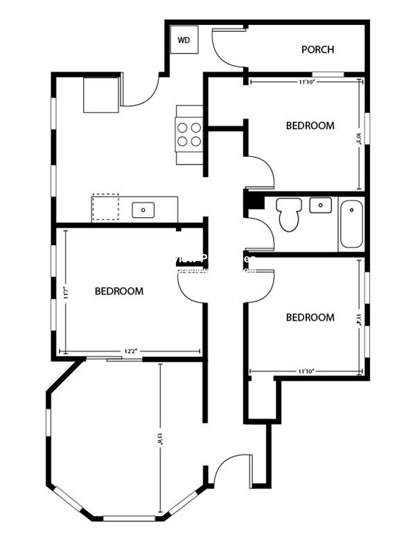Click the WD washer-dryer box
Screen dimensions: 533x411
point(184,40)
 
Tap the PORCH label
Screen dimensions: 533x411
point(317,49)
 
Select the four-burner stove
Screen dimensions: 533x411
point(189,134)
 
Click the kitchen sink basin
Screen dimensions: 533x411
point(143,208)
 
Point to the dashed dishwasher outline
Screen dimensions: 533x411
point(105,207)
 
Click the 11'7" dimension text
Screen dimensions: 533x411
point(66,292)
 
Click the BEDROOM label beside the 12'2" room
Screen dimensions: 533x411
point(119,291)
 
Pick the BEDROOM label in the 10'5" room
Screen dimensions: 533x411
point(311,126)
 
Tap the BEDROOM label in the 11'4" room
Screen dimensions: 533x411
point(311,317)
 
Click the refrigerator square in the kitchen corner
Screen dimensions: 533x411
point(101,95)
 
